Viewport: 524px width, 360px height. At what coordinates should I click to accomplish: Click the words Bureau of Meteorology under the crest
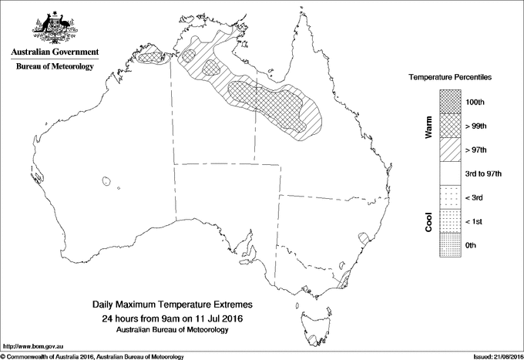coord(55,67)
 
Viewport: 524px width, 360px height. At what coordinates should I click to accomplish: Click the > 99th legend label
coord(476,125)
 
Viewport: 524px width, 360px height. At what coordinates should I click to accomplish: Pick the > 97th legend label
coord(476,149)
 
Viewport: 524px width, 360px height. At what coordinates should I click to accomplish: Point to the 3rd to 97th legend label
coord(483,173)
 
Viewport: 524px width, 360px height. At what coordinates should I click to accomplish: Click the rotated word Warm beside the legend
coord(428,125)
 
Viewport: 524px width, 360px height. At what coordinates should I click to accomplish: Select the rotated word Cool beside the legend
coord(428,221)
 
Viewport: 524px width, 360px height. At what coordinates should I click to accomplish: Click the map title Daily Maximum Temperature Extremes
coord(173,306)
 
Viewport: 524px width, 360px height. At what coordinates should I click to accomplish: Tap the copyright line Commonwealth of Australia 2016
coord(92,356)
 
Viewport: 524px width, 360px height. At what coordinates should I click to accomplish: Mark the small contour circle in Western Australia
coord(105,182)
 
